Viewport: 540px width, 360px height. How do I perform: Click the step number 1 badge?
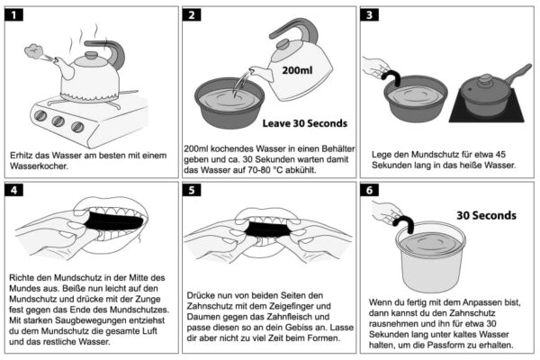click(x=17, y=15)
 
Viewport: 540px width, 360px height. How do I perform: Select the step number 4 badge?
click(x=17, y=189)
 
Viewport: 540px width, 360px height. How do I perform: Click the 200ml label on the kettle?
click(x=298, y=68)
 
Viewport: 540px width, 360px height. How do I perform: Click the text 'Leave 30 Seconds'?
click(x=304, y=122)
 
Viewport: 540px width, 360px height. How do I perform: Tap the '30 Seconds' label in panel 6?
click(x=486, y=215)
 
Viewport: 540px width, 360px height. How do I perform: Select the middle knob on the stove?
click(x=58, y=120)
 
